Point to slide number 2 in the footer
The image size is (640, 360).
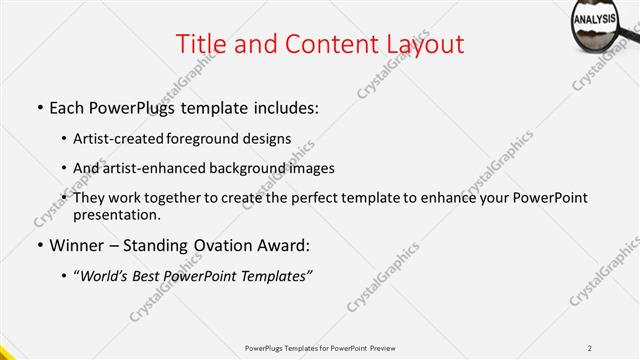tap(590, 347)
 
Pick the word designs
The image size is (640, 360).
tap(269, 138)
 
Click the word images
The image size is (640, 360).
tap(309, 168)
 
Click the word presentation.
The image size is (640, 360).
tap(117, 214)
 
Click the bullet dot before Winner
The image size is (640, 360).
tap(39, 245)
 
